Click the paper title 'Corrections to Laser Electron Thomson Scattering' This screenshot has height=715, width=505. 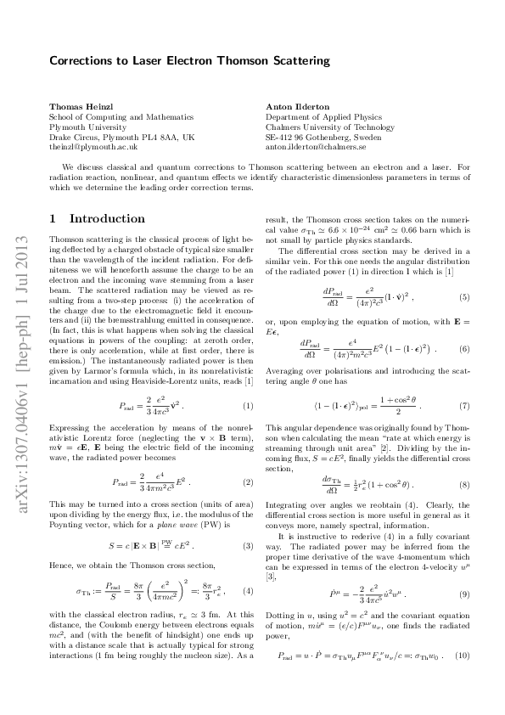pos(189,61)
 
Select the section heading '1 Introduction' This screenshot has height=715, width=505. pos(98,218)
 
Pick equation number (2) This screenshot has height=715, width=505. pos(248,482)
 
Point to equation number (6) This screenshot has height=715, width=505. pos(464,348)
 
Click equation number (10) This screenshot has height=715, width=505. pos(463,656)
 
